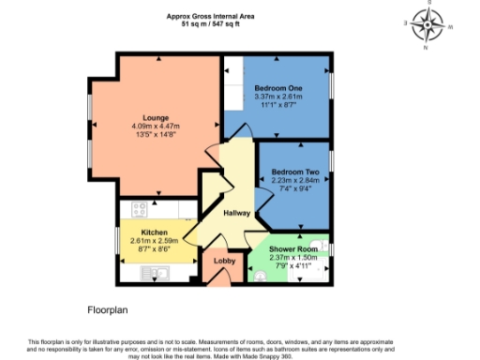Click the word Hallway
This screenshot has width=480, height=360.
pos(236,213)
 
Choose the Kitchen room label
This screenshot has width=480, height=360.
pos(154,232)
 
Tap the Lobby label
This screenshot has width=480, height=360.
pos(225,261)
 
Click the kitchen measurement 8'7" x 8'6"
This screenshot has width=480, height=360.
pos(154,248)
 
